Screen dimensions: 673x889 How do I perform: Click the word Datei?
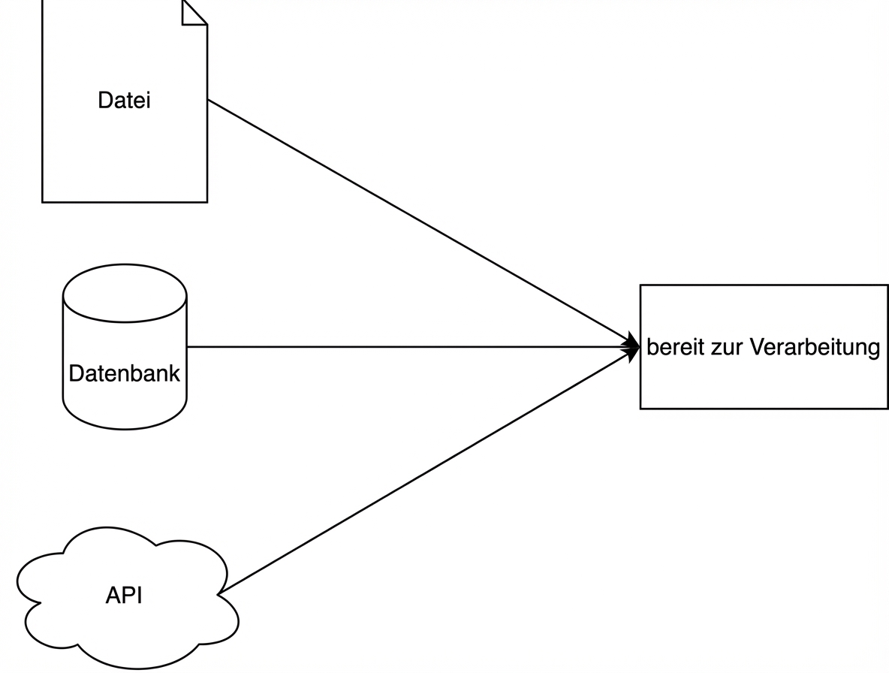(x=124, y=101)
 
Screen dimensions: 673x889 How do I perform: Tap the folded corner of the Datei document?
(x=193, y=13)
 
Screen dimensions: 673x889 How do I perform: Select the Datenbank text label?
(x=124, y=373)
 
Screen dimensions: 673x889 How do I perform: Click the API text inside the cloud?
(x=124, y=596)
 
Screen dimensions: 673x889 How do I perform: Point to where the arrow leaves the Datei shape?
(x=208, y=100)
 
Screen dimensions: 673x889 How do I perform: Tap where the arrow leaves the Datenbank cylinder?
(x=187, y=347)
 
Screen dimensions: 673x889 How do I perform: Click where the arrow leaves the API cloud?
(x=219, y=594)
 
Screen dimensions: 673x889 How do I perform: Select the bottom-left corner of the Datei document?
(x=42, y=202)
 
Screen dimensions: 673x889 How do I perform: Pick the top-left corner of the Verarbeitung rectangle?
(x=640, y=285)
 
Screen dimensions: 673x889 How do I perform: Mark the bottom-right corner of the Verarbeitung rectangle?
(x=887, y=409)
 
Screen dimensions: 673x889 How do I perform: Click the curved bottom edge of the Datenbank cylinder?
(x=125, y=428)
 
